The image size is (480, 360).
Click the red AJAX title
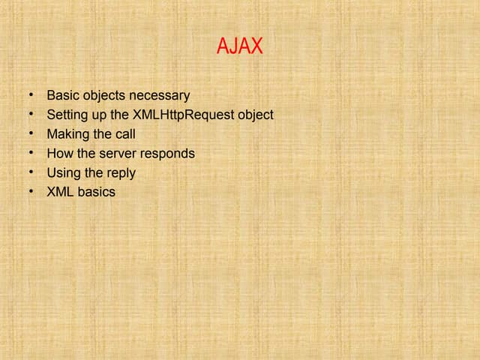(x=240, y=46)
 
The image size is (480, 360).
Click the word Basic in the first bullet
(x=62, y=96)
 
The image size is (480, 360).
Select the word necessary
(x=161, y=96)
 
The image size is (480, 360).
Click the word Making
(x=67, y=135)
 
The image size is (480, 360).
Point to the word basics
(x=97, y=192)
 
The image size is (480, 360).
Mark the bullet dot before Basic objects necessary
(x=31, y=96)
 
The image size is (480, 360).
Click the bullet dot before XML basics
(x=31, y=192)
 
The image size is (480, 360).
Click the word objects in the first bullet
(x=102, y=97)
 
